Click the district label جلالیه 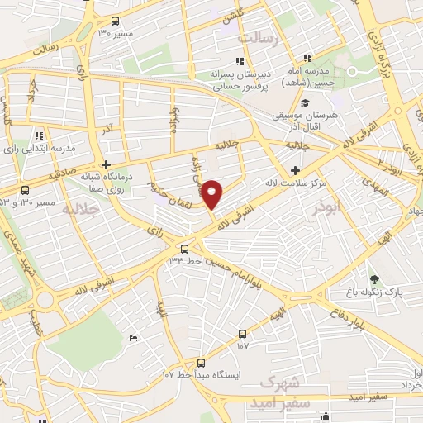click(81, 210)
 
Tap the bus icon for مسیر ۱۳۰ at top click(114, 22)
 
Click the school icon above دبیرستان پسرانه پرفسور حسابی click(240, 60)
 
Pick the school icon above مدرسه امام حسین click(307, 58)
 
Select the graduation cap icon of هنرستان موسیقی click(306, 103)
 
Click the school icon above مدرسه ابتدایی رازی click(39, 135)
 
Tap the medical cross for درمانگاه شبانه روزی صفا click(107, 164)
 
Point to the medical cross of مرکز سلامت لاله click(295, 169)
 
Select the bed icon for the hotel click(134, 339)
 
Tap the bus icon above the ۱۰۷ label click(242, 334)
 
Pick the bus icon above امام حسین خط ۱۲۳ click(185, 248)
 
